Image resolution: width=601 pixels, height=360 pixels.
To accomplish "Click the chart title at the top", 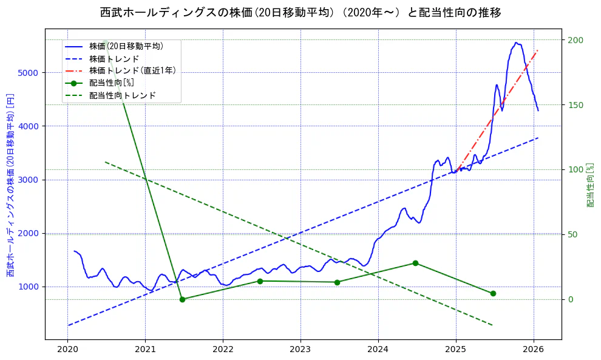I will point(300,13).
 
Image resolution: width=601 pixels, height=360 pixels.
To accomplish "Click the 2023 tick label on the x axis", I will point(300,350).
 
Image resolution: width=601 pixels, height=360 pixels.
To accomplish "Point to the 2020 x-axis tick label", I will point(68,350).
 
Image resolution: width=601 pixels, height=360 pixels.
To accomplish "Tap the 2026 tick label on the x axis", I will point(533,350).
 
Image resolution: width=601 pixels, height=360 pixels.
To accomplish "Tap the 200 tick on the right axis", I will point(575,40).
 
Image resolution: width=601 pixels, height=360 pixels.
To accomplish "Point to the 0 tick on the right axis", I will point(571,299).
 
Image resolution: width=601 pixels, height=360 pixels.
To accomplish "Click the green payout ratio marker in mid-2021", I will point(182,299).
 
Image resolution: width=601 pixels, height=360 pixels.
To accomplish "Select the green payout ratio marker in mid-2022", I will point(260,281).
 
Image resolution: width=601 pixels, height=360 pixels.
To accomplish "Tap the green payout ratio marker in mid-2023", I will point(338,282).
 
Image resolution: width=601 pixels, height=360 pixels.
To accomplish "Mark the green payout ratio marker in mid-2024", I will point(415,263).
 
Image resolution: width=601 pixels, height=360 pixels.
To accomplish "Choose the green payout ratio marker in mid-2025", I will point(493,293).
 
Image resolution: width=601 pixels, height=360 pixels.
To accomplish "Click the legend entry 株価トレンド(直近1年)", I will point(132,70).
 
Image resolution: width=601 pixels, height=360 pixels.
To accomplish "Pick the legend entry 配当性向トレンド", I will point(123,95).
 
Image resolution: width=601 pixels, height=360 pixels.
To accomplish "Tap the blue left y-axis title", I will point(10,185).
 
